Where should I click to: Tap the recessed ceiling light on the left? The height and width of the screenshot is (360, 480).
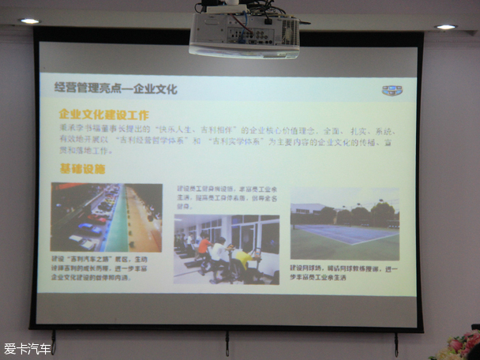tap(30, 21)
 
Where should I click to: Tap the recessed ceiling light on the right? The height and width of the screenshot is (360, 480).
tap(446, 27)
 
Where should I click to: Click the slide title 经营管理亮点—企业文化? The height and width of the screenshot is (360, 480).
tap(115, 88)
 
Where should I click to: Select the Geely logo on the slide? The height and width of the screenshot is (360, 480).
tap(392, 91)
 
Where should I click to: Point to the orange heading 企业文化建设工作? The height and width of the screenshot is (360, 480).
tap(104, 114)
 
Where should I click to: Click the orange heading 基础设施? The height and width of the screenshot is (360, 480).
tap(83, 169)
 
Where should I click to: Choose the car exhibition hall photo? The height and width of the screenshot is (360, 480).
tap(107, 217)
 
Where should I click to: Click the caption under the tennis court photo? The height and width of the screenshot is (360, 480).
tap(343, 273)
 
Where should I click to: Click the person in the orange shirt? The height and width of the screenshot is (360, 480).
tap(204, 249)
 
